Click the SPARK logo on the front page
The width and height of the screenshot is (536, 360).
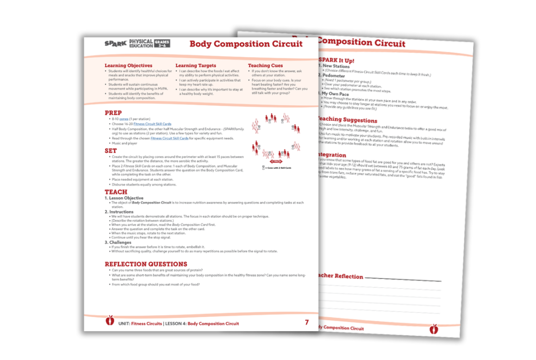click(x=115, y=44)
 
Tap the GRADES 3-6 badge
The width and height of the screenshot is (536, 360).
click(x=162, y=43)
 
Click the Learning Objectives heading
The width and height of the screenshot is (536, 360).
click(x=128, y=66)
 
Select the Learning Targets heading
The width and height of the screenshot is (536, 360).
click(x=196, y=66)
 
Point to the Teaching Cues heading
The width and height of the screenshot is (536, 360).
click(x=265, y=66)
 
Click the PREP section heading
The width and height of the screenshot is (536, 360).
click(x=113, y=113)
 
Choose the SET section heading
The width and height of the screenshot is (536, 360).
click(x=110, y=151)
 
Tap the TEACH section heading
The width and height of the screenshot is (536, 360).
click(x=116, y=192)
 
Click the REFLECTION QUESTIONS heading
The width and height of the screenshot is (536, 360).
click(x=146, y=264)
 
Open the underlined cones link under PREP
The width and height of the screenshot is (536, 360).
click(x=123, y=119)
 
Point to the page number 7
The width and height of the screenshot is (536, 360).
click(x=307, y=323)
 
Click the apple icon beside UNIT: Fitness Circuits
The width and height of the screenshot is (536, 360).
click(x=110, y=320)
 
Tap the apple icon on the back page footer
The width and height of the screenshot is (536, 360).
click(x=433, y=329)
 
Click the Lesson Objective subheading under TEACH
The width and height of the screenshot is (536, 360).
click(x=126, y=198)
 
